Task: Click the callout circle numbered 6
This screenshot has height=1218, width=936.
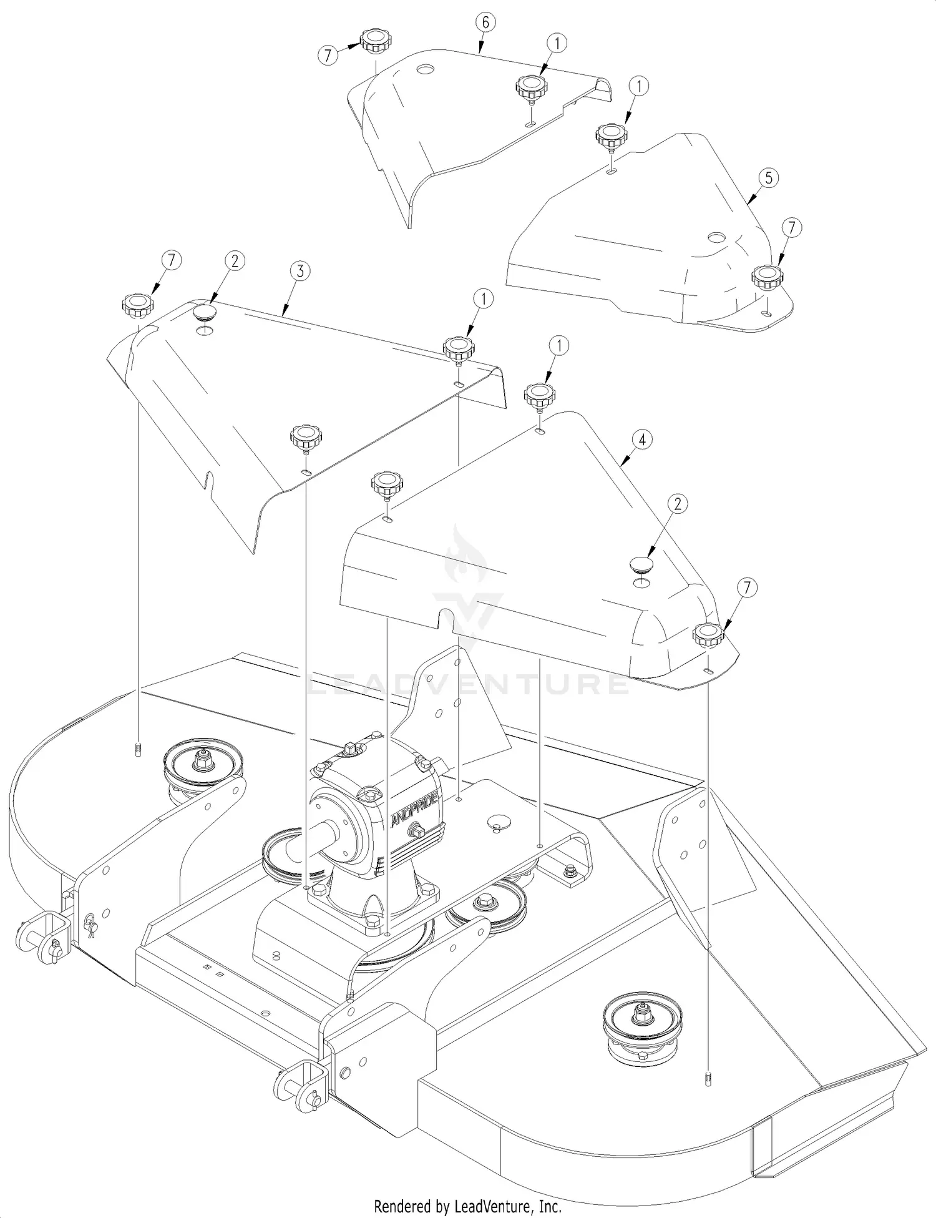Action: (486, 22)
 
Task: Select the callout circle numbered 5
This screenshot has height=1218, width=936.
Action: (768, 178)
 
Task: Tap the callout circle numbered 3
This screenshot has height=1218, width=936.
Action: (301, 271)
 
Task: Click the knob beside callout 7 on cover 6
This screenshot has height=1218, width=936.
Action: (375, 42)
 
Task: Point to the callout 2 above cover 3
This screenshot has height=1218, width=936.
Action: (235, 261)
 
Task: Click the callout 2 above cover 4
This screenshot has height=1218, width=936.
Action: (678, 503)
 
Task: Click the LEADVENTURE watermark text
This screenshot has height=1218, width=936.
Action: (468, 685)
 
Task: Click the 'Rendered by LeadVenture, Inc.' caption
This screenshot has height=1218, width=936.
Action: (467, 1206)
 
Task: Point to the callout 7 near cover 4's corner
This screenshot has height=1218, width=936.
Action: (747, 587)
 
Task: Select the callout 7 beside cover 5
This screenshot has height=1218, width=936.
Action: (791, 228)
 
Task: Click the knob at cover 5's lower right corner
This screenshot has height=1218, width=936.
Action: (766, 276)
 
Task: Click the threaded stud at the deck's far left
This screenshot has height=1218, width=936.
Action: (137, 749)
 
